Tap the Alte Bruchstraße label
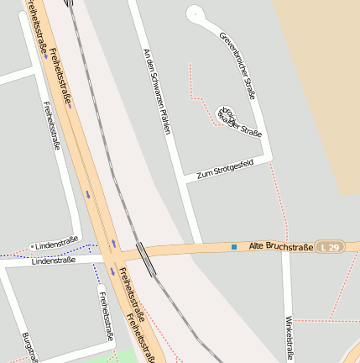(281, 247)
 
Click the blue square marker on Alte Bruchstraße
(233, 247)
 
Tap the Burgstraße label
(29, 346)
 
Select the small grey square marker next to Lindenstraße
(33, 246)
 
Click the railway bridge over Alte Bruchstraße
(146, 258)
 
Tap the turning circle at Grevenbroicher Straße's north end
(195, 13)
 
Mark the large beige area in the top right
(319, 84)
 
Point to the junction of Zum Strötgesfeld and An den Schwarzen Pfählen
(186, 179)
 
